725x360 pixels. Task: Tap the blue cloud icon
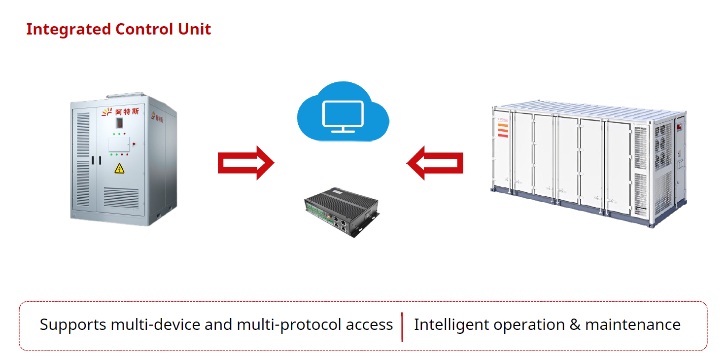click(x=343, y=113)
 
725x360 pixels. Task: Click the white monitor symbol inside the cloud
click(x=343, y=116)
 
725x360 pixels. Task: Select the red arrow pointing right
click(x=245, y=162)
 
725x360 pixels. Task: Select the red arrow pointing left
click(x=435, y=162)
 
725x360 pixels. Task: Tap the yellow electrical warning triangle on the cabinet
click(x=119, y=169)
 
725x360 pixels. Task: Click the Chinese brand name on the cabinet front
click(x=127, y=112)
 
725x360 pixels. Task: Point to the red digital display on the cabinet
click(x=119, y=122)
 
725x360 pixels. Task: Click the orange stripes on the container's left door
click(x=503, y=129)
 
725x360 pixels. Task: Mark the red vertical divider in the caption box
click(x=402, y=326)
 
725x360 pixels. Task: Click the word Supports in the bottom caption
click(x=73, y=325)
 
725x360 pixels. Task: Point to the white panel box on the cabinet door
click(x=119, y=144)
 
